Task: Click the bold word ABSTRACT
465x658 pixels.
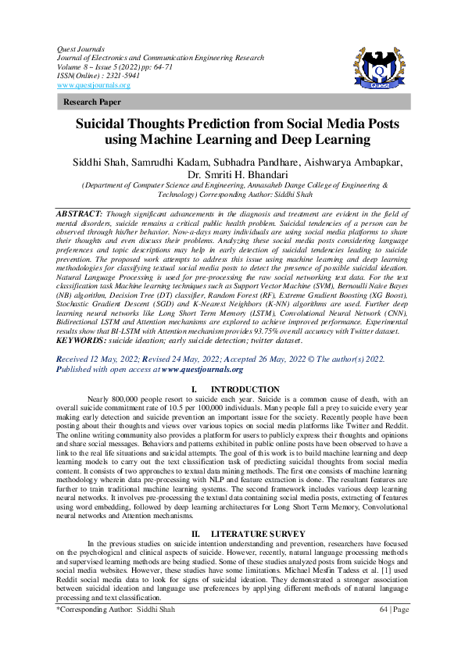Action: (x=80, y=213)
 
